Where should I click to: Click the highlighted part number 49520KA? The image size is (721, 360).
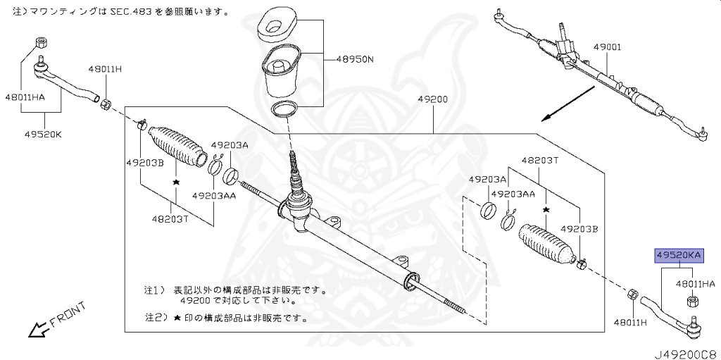click(x=679, y=256)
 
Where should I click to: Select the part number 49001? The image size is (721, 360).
click(x=607, y=48)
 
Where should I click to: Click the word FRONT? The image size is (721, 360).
click(x=68, y=314)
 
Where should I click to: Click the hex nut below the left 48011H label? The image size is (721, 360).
click(x=105, y=104)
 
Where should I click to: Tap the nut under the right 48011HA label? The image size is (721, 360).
click(x=691, y=302)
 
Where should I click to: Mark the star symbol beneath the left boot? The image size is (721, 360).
click(x=175, y=182)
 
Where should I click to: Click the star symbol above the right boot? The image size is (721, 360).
click(x=546, y=209)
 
